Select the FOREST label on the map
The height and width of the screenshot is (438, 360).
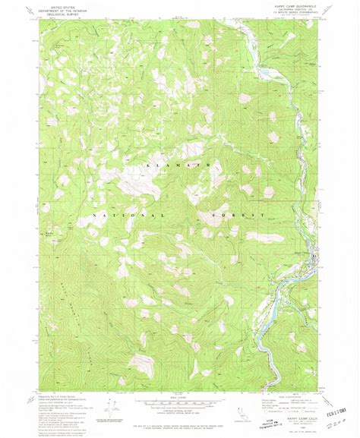point(232,215)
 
